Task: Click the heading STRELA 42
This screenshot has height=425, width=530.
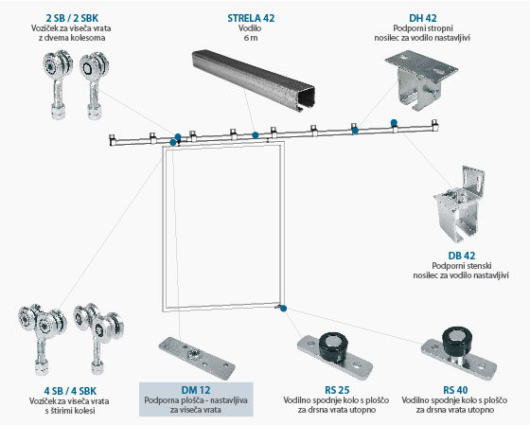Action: click(251, 18)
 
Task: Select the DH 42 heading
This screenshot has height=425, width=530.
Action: click(422, 18)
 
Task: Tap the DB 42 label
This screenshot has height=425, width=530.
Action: click(462, 256)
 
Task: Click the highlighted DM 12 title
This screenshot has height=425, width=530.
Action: click(196, 390)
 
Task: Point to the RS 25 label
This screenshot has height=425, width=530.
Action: click(337, 390)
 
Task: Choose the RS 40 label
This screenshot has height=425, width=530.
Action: click(455, 390)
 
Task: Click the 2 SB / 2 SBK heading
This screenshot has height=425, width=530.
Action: click(72, 18)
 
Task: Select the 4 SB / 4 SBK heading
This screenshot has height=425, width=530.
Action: click(70, 391)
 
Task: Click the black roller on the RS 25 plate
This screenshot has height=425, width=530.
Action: click(333, 345)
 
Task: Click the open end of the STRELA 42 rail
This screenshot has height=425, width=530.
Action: click(306, 97)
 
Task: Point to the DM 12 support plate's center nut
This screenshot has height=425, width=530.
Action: click(195, 354)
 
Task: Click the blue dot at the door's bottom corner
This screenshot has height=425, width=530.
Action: click(283, 309)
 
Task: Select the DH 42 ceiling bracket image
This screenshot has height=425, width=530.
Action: click(421, 80)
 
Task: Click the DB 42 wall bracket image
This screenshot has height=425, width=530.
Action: click(459, 204)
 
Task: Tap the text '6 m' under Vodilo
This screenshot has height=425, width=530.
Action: click(251, 38)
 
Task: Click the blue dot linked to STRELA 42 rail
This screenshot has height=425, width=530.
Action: click(256, 135)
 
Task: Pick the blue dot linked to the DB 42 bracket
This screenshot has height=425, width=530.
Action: click(394, 123)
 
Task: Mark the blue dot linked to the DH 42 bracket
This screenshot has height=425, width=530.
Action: click(355, 131)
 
